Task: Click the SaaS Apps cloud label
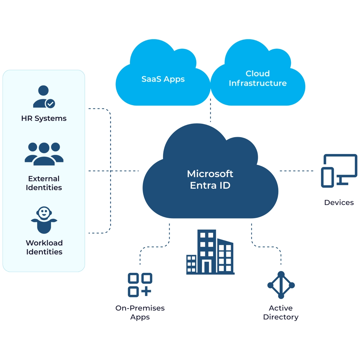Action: [163, 79]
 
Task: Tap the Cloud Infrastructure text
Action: [258, 78]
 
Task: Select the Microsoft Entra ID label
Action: [210, 179]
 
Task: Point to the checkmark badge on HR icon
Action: [50, 104]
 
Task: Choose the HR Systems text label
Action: [44, 118]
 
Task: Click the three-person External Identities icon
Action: [44, 154]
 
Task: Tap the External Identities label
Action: [44, 183]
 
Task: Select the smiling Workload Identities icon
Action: [44, 220]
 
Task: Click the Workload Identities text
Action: [44, 247]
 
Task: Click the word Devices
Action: [339, 203]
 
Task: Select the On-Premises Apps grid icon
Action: [140, 285]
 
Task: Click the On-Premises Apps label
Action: [140, 312]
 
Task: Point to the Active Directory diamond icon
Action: [281, 285]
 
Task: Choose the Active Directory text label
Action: [281, 312]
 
